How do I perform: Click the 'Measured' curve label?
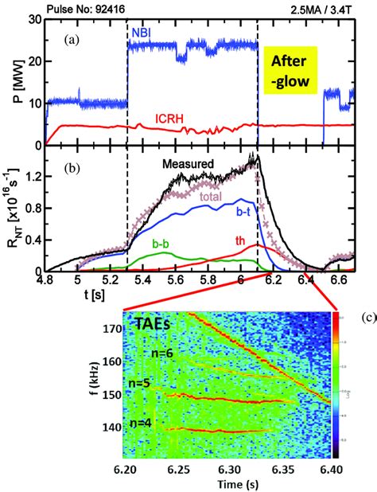click(189, 164)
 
